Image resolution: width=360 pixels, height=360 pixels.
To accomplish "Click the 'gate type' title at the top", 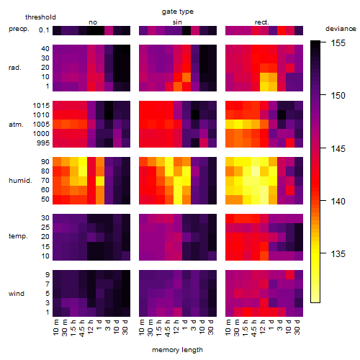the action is [178, 12].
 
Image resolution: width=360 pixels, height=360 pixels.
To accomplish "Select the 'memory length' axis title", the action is [177, 350].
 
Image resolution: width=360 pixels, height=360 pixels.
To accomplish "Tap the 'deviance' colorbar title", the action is [341, 29].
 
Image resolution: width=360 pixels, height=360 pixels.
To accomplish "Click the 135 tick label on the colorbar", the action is [338, 253].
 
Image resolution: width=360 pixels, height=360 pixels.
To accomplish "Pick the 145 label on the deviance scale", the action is [338, 148].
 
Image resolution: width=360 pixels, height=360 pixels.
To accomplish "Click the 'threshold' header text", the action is [40, 17].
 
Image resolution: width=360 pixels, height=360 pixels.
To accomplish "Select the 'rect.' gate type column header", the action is [262, 22].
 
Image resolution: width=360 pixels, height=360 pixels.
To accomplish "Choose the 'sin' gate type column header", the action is [177, 22].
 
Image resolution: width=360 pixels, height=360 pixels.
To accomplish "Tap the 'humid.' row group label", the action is [20, 181].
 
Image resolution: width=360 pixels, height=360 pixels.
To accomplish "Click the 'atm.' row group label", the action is [16, 125].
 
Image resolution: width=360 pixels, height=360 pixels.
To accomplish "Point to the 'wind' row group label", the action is [17, 294].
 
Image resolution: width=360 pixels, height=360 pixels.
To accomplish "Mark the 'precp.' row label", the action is [19, 29].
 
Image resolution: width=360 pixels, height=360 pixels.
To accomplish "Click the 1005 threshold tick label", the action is [41, 125].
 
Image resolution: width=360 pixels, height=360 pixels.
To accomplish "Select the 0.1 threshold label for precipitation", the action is [44, 30].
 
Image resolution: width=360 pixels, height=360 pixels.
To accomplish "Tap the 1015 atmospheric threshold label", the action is [41, 106].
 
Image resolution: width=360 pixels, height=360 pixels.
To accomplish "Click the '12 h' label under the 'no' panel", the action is [91, 327].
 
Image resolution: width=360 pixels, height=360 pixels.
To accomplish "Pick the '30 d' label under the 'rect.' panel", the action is [297, 327].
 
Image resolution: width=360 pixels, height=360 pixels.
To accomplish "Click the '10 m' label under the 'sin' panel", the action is [142, 328].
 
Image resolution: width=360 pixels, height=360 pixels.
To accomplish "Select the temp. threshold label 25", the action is [45, 228].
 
